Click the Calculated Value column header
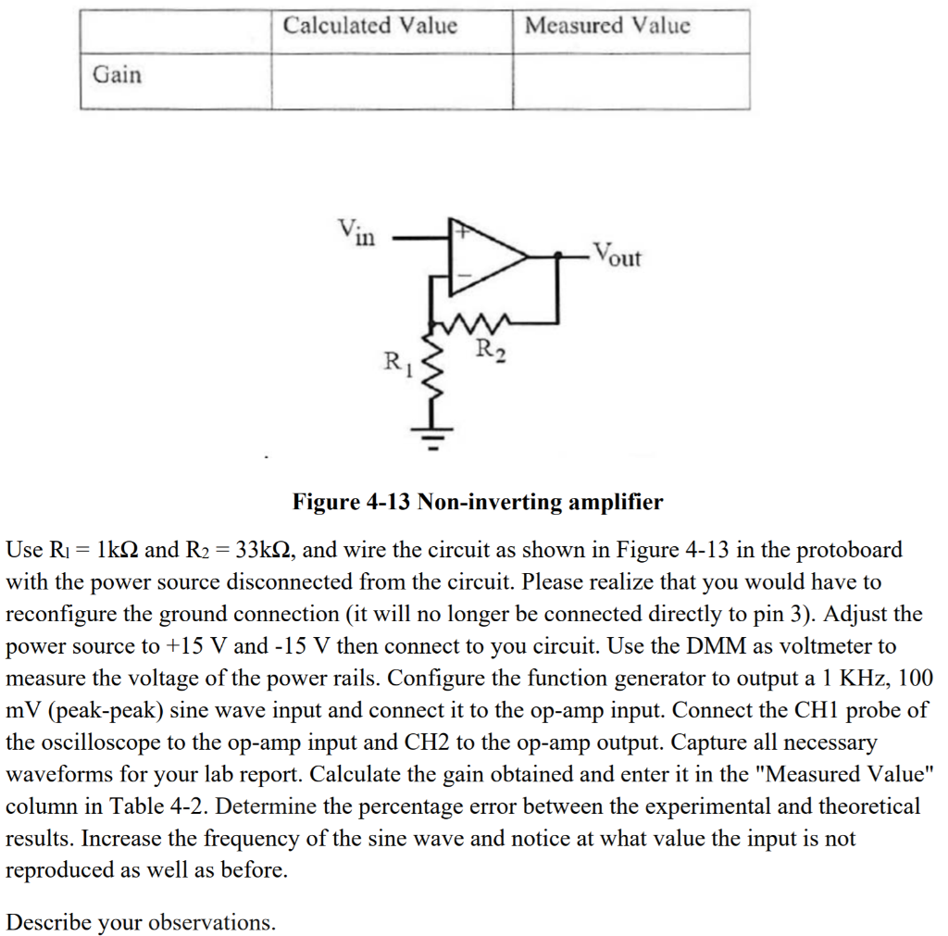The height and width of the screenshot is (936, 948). pyautogui.click(x=369, y=26)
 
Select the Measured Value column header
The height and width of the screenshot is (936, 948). pyautogui.click(x=607, y=26)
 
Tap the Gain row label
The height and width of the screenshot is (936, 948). pyautogui.click(x=118, y=75)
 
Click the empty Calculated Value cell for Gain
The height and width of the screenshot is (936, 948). pyautogui.click(x=392, y=81)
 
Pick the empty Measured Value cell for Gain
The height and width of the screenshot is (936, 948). pyautogui.click(x=630, y=81)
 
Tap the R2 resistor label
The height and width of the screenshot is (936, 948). pyautogui.click(x=491, y=350)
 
